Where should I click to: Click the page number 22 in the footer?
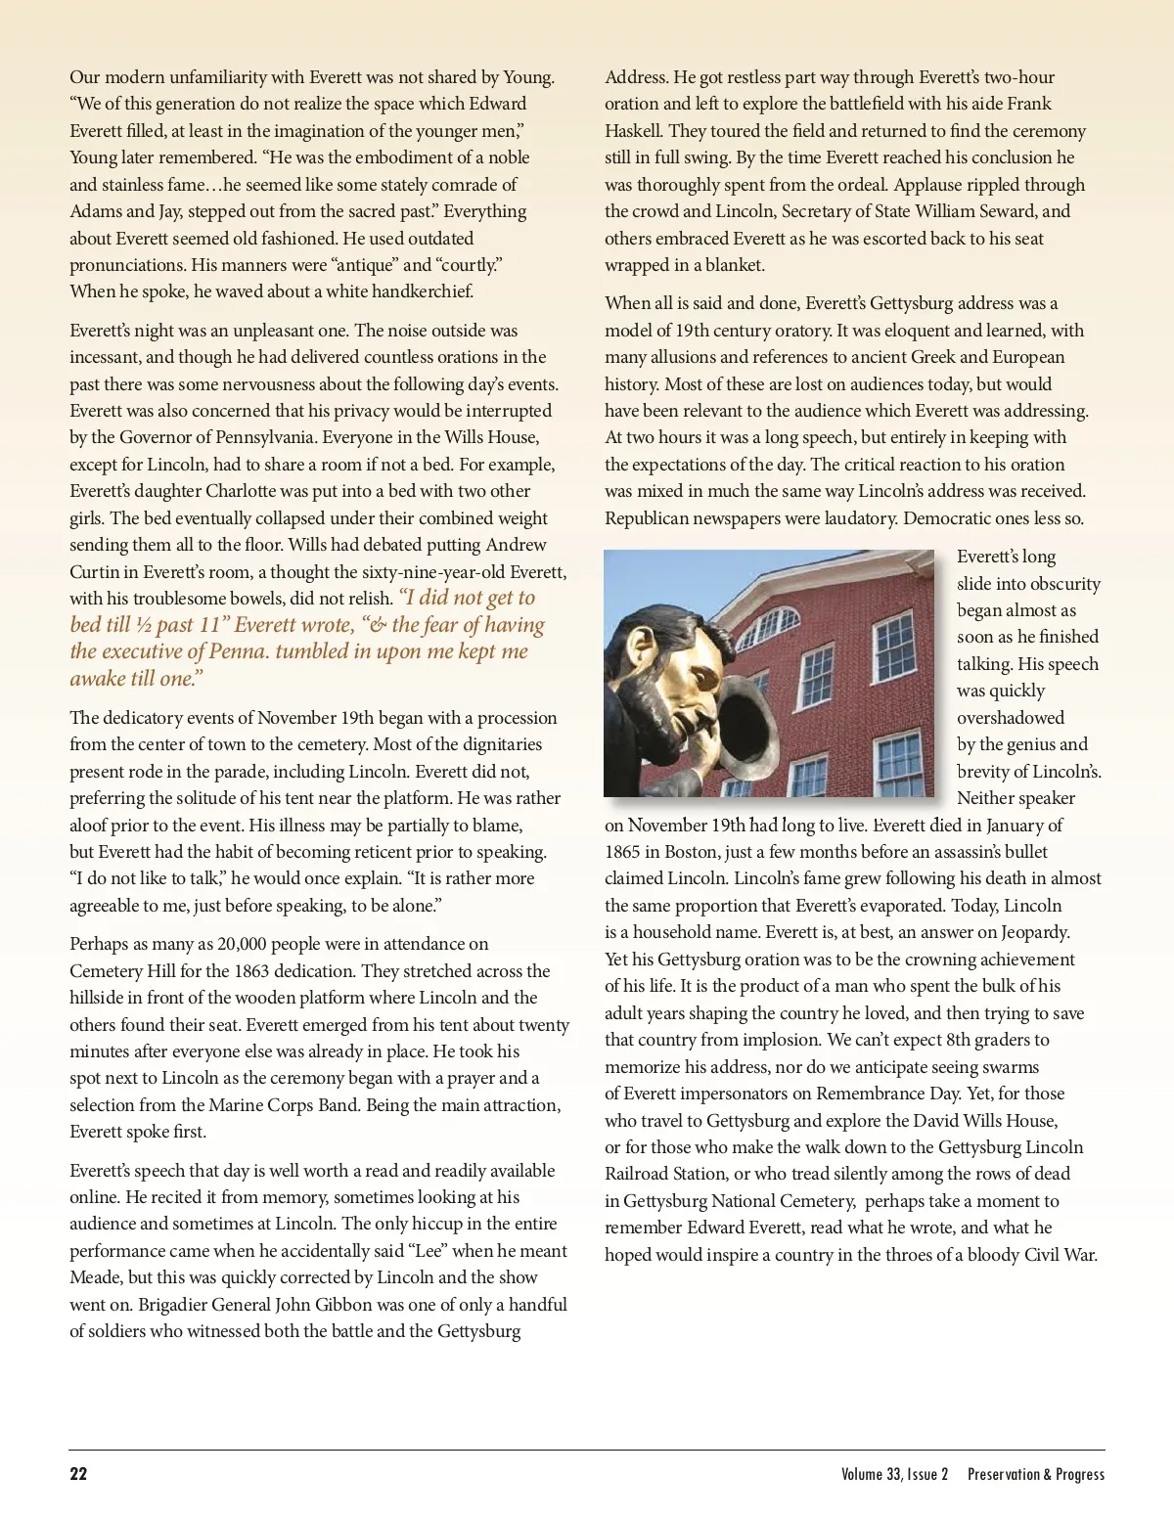point(78,1474)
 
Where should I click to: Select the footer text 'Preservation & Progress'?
point(1036,1474)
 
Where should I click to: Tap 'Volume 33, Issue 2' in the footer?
point(894,1474)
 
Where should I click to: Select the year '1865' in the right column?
point(622,852)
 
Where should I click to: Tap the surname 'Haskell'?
point(633,131)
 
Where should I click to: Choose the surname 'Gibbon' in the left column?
point(344,1305)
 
